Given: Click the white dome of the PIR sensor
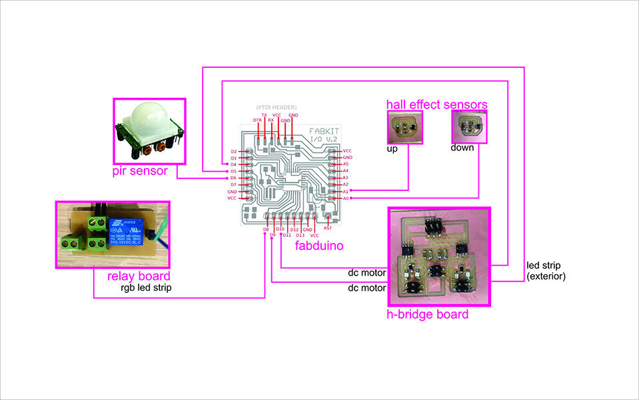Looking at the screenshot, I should (x=147, y=116).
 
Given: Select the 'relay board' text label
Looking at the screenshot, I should (x=139, y=276).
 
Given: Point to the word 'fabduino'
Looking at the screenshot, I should (x=320, y=246).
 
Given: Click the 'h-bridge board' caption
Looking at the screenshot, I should (x=428, y=314).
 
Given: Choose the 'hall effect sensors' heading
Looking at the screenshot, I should (x=437, y=104).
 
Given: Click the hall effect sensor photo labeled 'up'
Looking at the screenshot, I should (x=402, y=126).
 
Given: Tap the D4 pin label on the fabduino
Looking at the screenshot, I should (x=234, y=164).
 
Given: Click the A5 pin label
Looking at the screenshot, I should (x=346, y=164).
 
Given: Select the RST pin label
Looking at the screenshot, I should (x=328, y=228).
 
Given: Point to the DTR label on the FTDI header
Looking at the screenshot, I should (x=257, y=120).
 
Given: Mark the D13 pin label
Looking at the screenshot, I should (x=301, y=235).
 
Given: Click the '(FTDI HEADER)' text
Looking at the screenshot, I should (x=277, y=107).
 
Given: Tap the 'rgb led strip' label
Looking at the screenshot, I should (x=143, y=288).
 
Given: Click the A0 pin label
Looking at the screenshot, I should (x=346, y=198).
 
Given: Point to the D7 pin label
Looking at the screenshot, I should (x=234, y=184).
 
